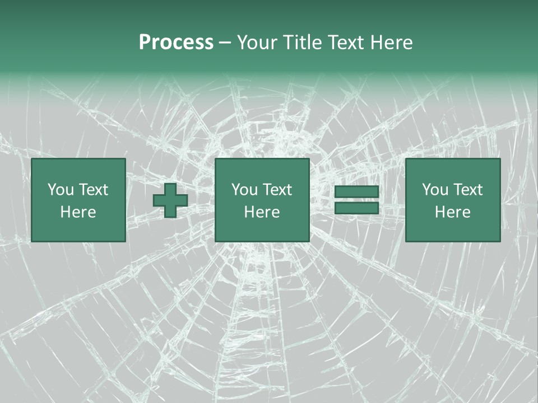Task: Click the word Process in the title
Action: coord(176,43)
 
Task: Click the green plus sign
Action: coord(170,200)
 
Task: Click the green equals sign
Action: coord(356,200)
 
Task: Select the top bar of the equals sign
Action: coord(356,192)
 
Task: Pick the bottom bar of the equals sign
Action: coord(356,208)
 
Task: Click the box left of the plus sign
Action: coord(78,200)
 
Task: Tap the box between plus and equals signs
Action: coord(262,200)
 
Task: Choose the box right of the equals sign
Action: coord(452,200)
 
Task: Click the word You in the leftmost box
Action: coord(61,190)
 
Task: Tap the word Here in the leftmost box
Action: coord(78,212)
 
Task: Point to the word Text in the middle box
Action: coord(277,190)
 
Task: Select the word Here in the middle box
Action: coord(262,212)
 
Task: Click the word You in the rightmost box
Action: coord(435,190)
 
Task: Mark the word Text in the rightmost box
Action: coord(467,190)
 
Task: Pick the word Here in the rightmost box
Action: coord(452,212)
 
